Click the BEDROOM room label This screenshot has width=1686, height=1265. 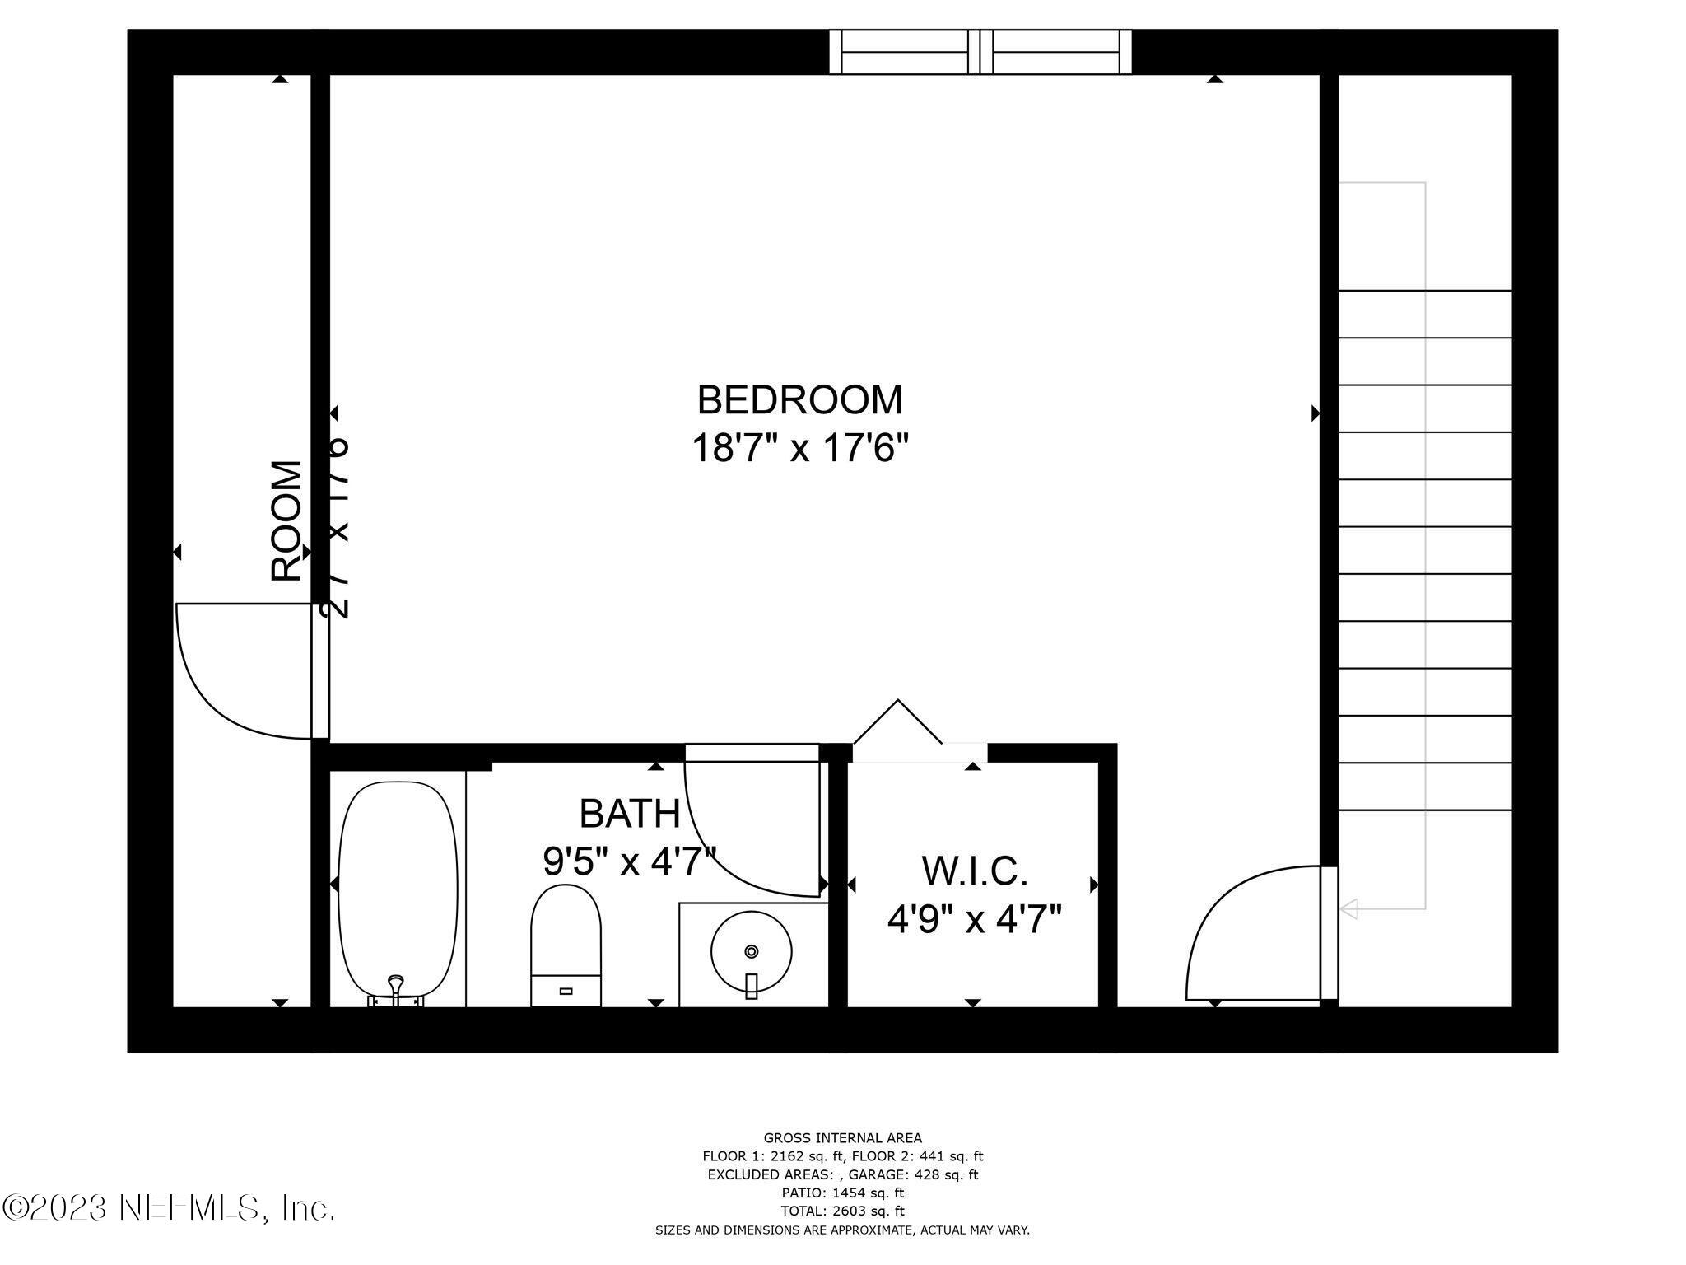(x=799, y=400)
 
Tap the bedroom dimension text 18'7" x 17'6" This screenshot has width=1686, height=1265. (x=799, y=450)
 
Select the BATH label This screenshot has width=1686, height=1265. (x=630, y=814)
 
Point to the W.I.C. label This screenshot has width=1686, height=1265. (x=974, y=871)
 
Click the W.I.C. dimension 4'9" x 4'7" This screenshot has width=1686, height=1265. (x=974, y=917)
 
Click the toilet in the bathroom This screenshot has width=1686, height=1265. (x=566, y=944)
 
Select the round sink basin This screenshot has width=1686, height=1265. (x=751, y=952)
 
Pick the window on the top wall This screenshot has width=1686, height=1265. (x=980, y=52)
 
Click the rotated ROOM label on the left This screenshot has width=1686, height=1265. (x=286, y=520)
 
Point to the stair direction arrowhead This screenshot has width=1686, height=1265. (x=1348, y=909)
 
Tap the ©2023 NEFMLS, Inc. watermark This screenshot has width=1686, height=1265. (x=169, y=1208)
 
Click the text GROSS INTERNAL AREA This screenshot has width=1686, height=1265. (x=842, y=1138)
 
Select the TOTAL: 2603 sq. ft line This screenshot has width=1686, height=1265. (x=842, y=1211)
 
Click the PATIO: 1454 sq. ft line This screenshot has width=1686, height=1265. (x=842, y=1193)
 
